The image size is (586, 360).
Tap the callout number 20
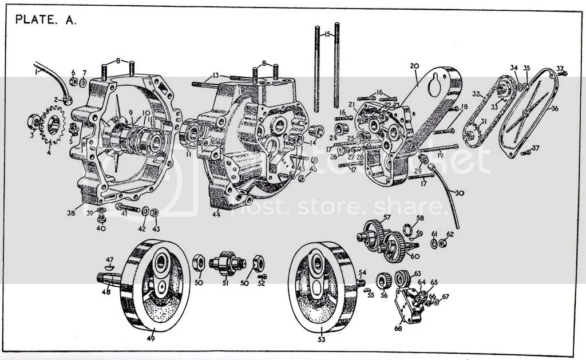414,66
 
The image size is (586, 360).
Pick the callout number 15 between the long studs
326,35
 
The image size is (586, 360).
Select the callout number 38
71,212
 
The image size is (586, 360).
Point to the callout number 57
387,217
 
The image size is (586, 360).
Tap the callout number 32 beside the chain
476,93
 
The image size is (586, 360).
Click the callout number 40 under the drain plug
101,229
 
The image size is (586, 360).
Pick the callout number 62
450,234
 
